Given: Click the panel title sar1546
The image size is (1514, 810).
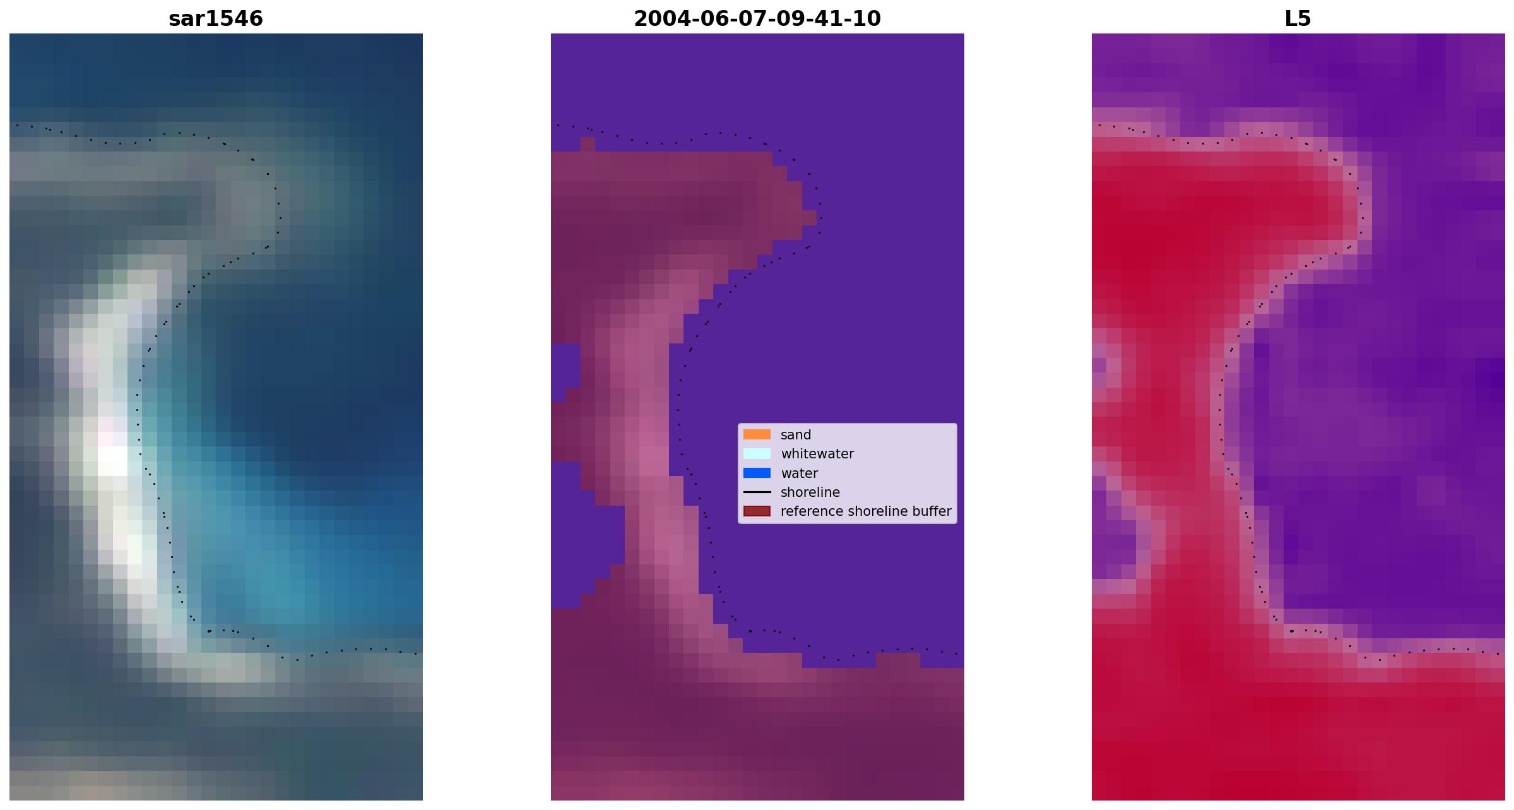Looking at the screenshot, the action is coord(216,19).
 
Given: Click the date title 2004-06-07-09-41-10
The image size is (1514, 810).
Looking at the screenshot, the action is coord(757,19).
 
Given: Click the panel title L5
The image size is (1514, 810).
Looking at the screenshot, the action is coord(1298,19).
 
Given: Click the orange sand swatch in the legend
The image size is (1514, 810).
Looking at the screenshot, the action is coord(757,434).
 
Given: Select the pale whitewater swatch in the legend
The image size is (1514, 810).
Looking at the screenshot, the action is coord(757,453).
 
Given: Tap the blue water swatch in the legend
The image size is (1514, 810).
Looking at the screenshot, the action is coord(757,473).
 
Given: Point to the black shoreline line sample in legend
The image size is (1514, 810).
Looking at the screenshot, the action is coord(757,492).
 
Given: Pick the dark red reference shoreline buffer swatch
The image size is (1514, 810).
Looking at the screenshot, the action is coord(757,511).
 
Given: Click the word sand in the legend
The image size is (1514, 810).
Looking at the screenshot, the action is coord(796,435).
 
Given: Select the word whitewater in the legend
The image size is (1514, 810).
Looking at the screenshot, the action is coord(817,454).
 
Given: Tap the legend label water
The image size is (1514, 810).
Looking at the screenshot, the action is coord(799,473).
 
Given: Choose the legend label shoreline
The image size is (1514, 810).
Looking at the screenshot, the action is coord(810,492).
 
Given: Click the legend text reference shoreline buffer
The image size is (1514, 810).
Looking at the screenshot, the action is coord(866,511).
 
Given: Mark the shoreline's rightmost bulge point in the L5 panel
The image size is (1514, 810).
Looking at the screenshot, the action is coord(1362,218).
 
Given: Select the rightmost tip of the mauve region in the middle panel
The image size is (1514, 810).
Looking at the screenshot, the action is coord(816,218).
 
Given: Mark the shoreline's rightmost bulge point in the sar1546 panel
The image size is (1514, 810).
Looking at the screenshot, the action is coord(280,218).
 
